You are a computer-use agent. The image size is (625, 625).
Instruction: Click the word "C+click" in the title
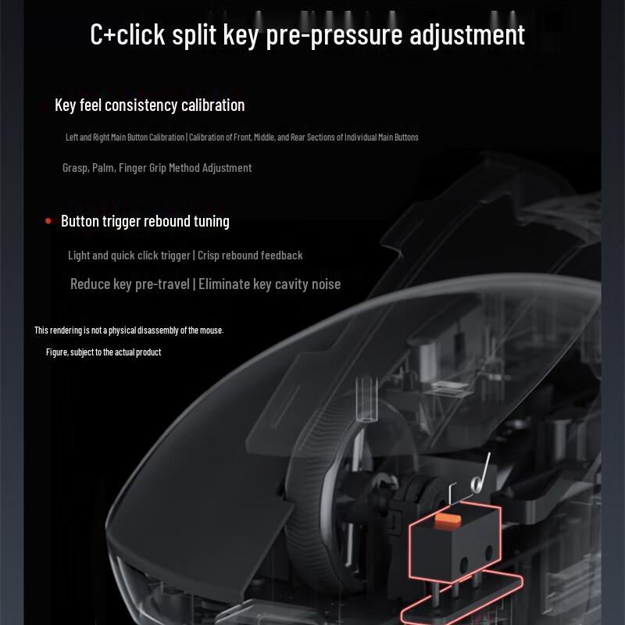coord(127,34)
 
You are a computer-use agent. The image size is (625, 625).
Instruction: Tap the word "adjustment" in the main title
coord(467,35)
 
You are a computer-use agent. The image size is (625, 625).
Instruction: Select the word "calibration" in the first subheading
coord(212,105)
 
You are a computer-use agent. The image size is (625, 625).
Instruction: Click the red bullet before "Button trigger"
coord(48,221)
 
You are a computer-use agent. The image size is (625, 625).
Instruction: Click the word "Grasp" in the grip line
coord(75,168)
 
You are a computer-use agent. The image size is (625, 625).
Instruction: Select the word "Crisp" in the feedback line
coord(208,255)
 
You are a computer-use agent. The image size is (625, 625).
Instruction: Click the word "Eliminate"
coord(224,284)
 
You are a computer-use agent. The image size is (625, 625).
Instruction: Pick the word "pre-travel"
coord(162,284)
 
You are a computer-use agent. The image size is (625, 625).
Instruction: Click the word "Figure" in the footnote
coord(56,352)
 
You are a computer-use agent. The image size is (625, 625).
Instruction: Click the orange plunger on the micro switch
coord(448,520)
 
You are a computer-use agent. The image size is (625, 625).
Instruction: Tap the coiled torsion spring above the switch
coord(477,483)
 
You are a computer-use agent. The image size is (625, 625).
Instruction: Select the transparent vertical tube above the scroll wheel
coord(366,398)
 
